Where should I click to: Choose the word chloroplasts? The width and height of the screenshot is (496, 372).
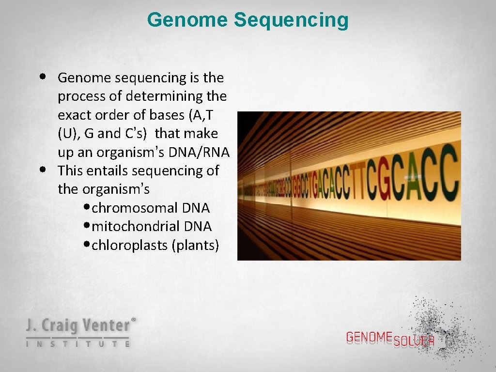coord(130,245)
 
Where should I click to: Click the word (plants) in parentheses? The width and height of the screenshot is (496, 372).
coord(195,245)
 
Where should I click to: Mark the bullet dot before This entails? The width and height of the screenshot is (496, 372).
coord(44,170)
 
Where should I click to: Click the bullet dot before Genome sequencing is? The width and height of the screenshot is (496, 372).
coord(44,77)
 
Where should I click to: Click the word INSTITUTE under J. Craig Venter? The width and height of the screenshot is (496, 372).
coord(77,344)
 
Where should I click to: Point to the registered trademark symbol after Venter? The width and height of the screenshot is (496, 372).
coord(134,320)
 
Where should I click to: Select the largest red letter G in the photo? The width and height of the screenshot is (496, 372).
coord(386,177)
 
